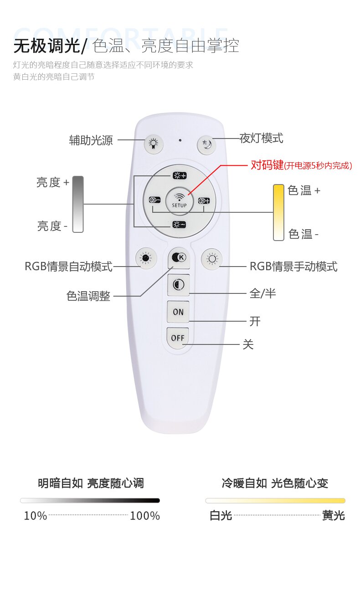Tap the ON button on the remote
(178, 312)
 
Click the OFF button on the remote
(178, 338)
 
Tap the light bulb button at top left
(154, 144)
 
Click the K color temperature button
(179, 258)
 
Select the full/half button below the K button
(179, 285)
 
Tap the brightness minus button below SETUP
(179, 225)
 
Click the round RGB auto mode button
(146, 258)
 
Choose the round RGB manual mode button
(211, 259)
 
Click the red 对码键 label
(267, 165)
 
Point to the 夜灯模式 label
(261, 139)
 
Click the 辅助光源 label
(91, 140)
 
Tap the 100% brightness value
(145, 516)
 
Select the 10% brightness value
(36, 516)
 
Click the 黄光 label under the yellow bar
(334, 515)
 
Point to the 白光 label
(221, 515)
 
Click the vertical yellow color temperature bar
(279, 212)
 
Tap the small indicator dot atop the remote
(180, 140)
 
